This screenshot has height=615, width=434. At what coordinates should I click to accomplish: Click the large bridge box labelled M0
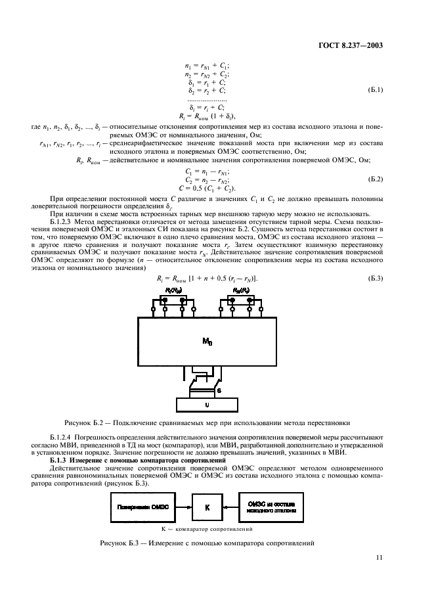click(207, 341)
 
